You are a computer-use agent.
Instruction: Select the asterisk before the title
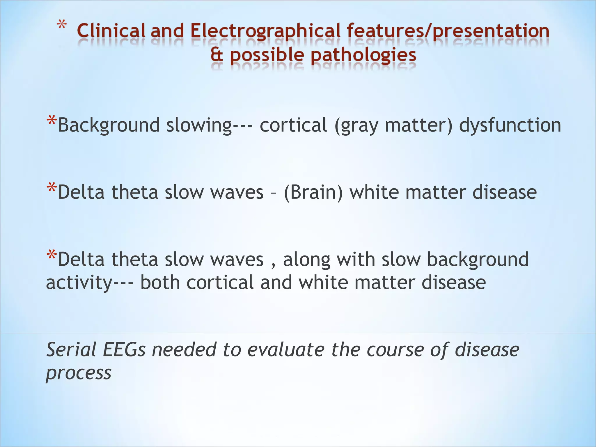coord(61,26)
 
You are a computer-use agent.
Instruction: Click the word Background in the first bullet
coord(109,125)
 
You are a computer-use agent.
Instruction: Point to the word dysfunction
coord(510,125)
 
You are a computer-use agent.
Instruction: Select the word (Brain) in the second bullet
coord(313,192)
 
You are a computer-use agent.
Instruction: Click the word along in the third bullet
coord(307,260)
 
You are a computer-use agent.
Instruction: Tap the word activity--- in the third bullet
coord(90,283)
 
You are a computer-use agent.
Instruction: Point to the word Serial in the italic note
coord(71,350)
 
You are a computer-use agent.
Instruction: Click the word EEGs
coord(124,350)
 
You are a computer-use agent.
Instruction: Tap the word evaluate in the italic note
coord(285,350)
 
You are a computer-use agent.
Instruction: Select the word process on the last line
coord(79,373)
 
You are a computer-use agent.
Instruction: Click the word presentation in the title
coord(491,31)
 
